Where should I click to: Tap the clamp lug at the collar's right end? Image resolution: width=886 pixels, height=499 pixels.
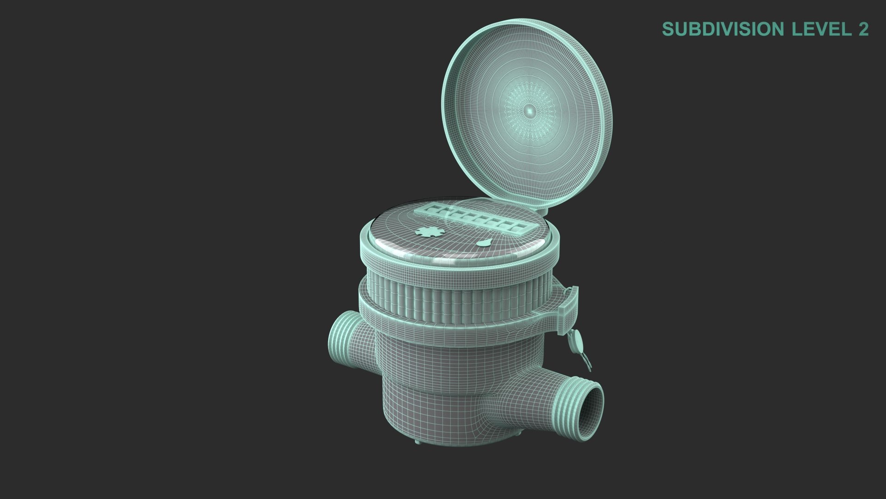569,305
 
